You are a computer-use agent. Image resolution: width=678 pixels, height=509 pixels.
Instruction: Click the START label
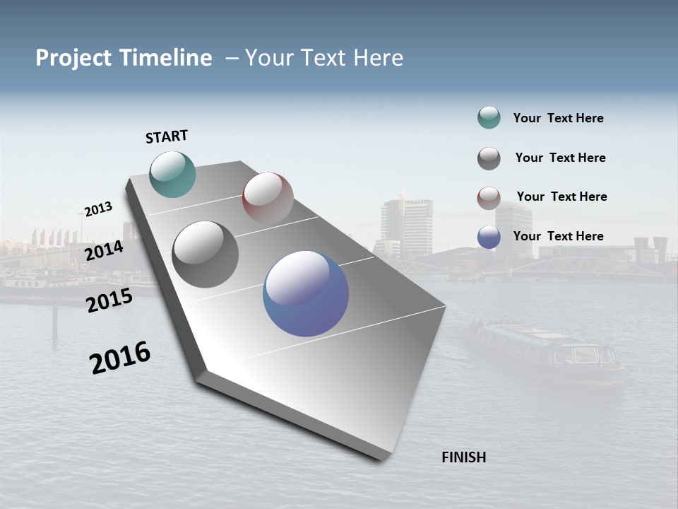pos(167,136)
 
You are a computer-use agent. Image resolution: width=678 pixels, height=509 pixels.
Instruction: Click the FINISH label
pos(463,457)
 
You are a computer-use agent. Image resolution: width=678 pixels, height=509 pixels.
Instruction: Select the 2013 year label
pos(98,209)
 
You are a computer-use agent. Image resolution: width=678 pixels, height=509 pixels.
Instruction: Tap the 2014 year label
pos(104,250)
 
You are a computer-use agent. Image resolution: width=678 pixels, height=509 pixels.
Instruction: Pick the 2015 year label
pos(109,300)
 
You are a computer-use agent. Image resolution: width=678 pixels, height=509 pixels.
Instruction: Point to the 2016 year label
pos(120,358)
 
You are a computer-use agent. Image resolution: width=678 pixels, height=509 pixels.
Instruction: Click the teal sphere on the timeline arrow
pos(173,174)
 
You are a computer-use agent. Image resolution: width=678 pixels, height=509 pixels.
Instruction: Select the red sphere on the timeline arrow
pos(268,197)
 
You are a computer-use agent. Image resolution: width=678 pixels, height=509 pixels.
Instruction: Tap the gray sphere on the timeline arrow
pos(205,254)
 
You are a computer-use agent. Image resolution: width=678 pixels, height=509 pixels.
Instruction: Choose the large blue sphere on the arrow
pos(306,293)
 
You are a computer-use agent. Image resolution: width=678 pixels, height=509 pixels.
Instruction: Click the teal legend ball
pos(489,117)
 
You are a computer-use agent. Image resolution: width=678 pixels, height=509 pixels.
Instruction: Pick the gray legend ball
pos(489,158)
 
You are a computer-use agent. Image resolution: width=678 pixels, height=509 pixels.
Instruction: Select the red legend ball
pos(489,198)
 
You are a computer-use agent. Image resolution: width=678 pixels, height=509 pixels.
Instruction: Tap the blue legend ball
pos(489,237)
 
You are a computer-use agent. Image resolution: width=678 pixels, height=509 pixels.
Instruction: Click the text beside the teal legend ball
pos(558,118)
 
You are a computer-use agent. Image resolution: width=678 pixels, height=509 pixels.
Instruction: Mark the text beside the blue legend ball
pos(558,236)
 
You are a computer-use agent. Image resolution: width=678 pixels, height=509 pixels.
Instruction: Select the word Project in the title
pos(73,58)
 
